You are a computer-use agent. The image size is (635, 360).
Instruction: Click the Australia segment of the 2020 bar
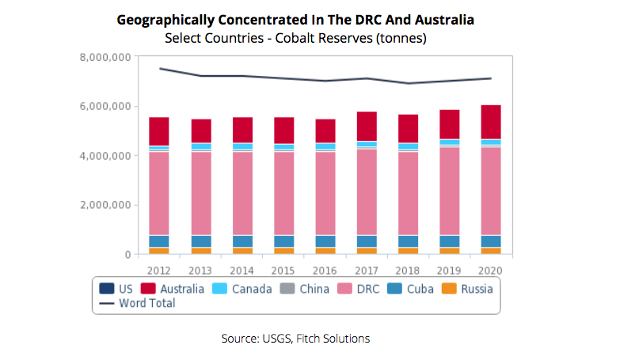(x=491, y=122)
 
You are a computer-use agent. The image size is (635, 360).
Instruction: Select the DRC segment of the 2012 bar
(x=159, y=193)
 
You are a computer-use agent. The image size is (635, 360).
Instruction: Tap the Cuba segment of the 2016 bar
(x=325, y=241)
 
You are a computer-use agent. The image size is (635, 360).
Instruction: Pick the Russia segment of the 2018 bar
(x=408, y=250)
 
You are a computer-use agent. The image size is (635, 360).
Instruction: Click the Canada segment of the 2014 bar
(x=242, y=146)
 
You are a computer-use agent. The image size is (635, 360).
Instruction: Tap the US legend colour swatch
(x=105, y=289)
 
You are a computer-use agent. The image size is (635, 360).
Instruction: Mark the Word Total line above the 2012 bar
(x=159, y=68)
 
